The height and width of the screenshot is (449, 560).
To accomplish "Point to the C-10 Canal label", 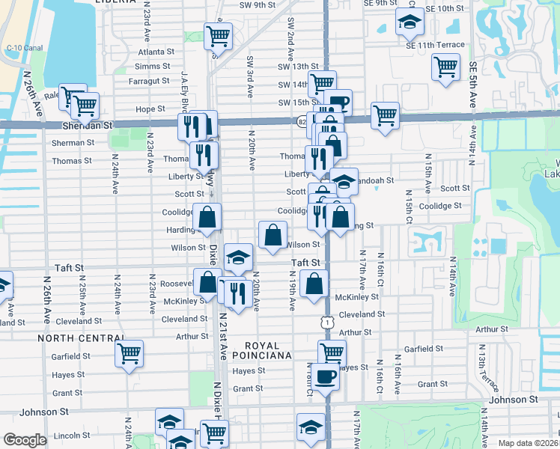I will [22, 47].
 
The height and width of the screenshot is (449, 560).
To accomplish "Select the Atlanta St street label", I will [156, 52].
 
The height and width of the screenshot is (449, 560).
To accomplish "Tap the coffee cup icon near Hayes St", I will [326, 376].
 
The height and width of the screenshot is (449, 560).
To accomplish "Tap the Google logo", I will [24, 440].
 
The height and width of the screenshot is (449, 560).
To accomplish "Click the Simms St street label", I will [153, 67].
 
